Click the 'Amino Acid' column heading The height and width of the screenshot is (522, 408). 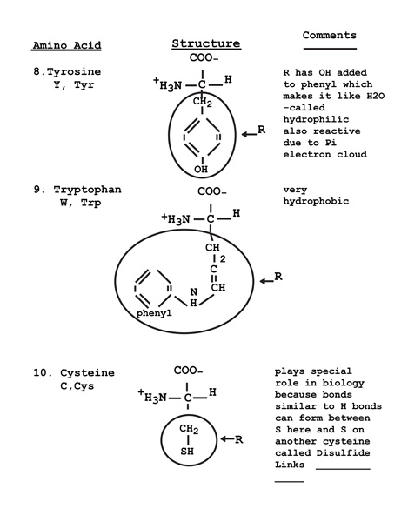pyautogui.click(x=67, y=45)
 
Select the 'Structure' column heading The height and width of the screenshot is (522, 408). pyautogui.click(x=206, y=43)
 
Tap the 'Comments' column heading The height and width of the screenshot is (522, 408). pyautogui.click(x=330, y=35)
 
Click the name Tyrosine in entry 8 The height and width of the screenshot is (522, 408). pyautogui.click(x=74, y=71)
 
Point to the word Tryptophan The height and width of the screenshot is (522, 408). pyautogui.click(x=88, y=190)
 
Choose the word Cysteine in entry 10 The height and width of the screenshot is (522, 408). pyautogui.click(x=87, y=373)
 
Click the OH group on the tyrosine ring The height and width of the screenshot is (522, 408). pyautogui.click(x=201, y=169)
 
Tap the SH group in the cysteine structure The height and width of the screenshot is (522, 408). pyautogui.click(x=187, y=451)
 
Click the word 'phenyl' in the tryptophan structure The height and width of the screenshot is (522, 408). pyautogui.click(x=154, y=313)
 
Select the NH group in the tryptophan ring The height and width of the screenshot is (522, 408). pyautogui.click(x=194, y=298)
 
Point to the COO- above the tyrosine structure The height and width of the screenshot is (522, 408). pyautogui.click(x=204, y=57)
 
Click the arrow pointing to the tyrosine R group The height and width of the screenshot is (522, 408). pyautogui.click(x=249, y=134)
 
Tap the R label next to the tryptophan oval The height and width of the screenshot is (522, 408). pyautogui.click(x=278, y=277)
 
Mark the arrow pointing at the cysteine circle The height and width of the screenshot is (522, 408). pyautogui.click(x=227, y=439)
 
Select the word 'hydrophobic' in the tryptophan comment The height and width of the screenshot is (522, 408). pyautogui.click(x=316, y=201)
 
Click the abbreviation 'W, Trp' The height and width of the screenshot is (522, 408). pyautogui.click(x=81, y=203)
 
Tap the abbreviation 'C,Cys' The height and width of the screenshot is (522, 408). pyautogui.click(x=77, y=386)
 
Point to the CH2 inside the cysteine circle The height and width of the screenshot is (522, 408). pyautogui.click(x=189, y=429)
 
